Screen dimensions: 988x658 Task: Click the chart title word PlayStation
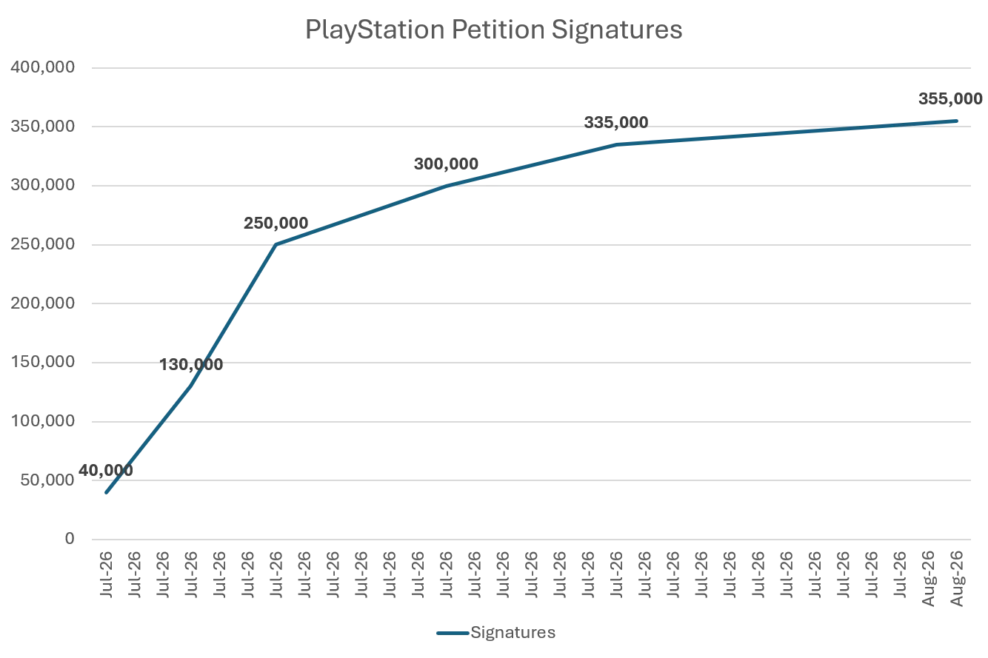(375, 30)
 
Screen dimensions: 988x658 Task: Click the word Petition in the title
(498, 29)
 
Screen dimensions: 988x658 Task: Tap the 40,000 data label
(106, 471)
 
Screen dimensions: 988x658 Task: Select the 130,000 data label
(191, 364)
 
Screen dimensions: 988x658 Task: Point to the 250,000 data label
(276, 223)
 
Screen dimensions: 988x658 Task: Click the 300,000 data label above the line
(446, 164)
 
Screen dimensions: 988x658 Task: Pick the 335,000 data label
(616, 123)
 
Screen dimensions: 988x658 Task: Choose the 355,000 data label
(950, 98)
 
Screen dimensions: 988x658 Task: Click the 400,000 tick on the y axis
(43, 67)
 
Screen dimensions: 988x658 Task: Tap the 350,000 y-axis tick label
(43, 127)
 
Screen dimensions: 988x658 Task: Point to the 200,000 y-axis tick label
(43, 303)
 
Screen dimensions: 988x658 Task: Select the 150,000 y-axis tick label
(43, 362)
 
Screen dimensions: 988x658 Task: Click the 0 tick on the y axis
(70, 539)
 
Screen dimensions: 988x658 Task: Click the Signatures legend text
(513, 632)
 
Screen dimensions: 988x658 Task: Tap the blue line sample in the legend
(453, 634)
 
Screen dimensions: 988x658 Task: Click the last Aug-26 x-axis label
(957, 578)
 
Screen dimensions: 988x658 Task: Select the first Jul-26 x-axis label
(107, 574)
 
